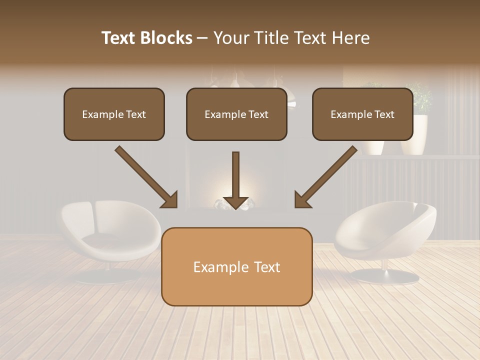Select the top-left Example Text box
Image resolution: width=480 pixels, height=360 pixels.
point(114,114)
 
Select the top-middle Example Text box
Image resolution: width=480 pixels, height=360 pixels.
point(236,114)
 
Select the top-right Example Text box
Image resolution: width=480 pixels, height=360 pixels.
point(362,114)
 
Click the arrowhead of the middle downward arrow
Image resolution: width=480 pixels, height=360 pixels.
point(235,202)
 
